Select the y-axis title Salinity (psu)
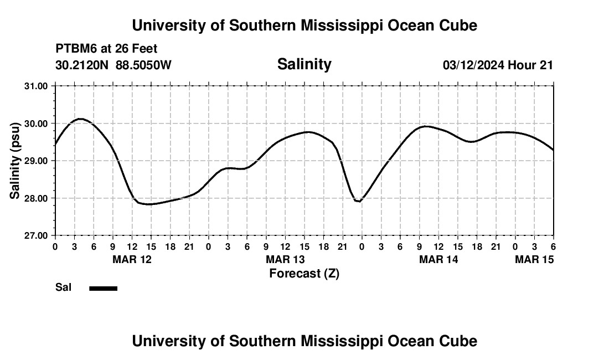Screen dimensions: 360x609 (x=15, y=160)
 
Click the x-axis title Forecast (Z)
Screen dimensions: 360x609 (x=304, y=273)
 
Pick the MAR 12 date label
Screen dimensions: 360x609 (x=132, y=259)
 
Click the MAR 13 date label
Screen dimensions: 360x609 (x=285, y=259)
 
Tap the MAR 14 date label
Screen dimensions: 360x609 (x=438, y=259)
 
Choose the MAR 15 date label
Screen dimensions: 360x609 (x=534, y=259)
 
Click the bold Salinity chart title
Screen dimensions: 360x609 (x=304, y=64)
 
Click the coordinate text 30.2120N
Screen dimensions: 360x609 (x=83, y=65)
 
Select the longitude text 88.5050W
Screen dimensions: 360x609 (x=143, y=65)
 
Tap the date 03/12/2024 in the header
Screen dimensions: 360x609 (x=473, y=65)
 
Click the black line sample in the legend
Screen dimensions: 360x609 (x=103, y=288)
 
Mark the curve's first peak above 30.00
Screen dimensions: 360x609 (x=81, y=119)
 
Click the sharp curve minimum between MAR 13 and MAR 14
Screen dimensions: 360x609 (x=359, y=201)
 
